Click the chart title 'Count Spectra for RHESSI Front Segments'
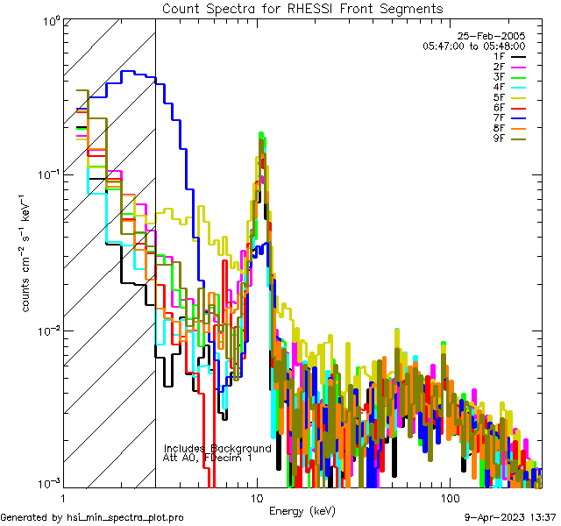click(x=302, y=8)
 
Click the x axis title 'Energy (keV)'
click(x=302, y=511)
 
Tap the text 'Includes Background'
click(x=217, y=448)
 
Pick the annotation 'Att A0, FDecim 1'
click(x=208, y=458)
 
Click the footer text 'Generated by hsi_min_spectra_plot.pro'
click(x=92, y=518)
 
